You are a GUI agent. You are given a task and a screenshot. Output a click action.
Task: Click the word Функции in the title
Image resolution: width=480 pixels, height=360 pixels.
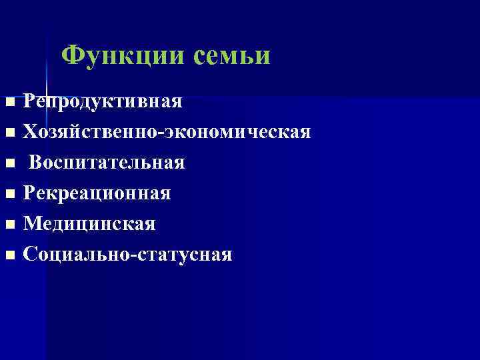(124, 55)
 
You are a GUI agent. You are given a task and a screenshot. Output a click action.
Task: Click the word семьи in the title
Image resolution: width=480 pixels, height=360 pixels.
(233, 55)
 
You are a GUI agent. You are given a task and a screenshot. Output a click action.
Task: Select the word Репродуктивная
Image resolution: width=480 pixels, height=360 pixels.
(103, 101)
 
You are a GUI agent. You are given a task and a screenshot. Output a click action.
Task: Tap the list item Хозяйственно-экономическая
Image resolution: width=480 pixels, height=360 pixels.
(167, 132)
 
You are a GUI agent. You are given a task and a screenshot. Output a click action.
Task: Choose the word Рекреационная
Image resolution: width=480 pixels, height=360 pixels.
(97, 193)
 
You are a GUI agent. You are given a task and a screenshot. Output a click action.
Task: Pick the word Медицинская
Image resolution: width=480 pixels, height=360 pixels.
(90, 224)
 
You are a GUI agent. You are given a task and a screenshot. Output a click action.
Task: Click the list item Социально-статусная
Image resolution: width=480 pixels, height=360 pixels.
(127, 255)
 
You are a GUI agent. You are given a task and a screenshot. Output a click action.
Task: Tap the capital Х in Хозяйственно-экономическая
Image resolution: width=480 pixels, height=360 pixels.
(31, 132)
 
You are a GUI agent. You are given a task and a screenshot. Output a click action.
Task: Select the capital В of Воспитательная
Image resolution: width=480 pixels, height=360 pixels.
(36, 162)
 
